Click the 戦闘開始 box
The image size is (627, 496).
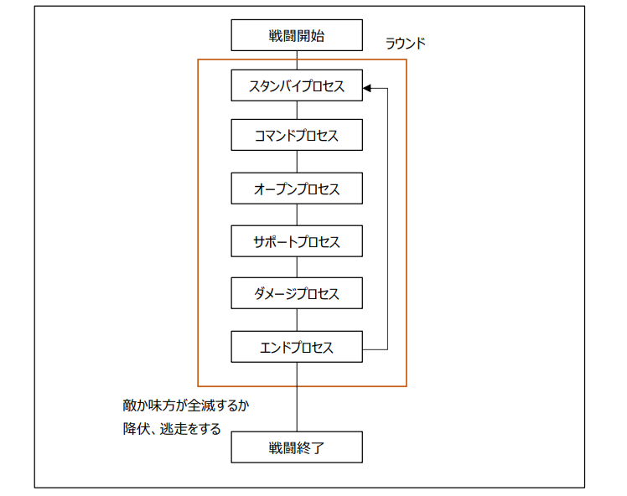[297, 36]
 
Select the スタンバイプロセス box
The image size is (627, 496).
[297, 85]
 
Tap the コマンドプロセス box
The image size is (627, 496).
[297, 136]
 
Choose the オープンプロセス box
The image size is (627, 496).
[297, 189]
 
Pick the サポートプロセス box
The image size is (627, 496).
[297, 241]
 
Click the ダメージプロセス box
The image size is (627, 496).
[297, 294]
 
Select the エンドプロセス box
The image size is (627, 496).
[297, 347]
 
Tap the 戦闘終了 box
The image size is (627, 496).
[297, 447]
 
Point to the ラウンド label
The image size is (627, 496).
[405, 44]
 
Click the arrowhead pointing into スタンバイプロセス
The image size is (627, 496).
[367, 86]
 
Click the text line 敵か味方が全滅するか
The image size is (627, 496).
[185, 406]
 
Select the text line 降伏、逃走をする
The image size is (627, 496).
[172, 429]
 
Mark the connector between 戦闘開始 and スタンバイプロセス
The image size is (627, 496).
[297, 60]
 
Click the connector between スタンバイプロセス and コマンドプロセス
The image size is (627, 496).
[297, 111]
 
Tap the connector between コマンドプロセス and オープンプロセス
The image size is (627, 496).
[297, 162]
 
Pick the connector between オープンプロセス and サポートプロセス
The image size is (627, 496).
[297, 214]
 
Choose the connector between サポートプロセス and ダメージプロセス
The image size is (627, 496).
[297, 267]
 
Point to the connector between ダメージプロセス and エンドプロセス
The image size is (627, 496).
[297, 320]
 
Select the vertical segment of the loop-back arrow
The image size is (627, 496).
[388, 218]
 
